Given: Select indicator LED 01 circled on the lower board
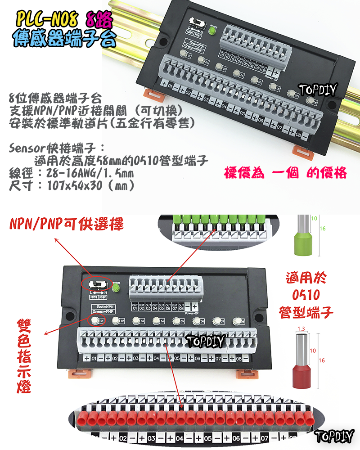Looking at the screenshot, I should point(95,320).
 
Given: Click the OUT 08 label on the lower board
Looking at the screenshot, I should point(181,306).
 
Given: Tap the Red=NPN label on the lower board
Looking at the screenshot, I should point(103,306).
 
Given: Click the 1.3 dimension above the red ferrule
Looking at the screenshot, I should point(301,329).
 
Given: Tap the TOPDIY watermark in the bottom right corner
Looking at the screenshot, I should point(335,436).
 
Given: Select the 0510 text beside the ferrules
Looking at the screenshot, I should point(306,296).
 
